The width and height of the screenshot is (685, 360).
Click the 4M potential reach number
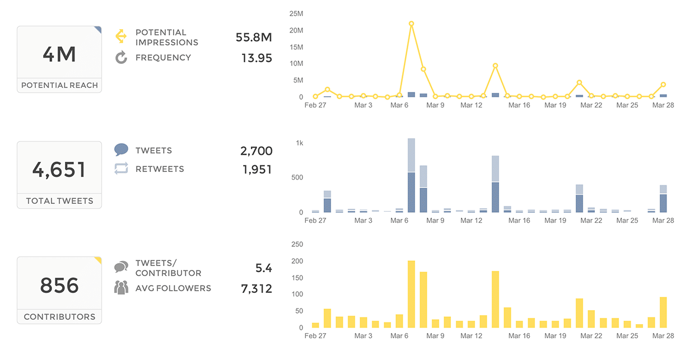click(59, 54)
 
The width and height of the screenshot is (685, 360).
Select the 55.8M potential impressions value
click(254, 38)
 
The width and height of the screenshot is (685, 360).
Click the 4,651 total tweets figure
click(59, 170)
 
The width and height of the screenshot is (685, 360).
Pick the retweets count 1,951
click(257, 169)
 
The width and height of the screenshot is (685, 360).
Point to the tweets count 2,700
click(256, 151)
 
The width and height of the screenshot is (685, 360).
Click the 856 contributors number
click(59, 286)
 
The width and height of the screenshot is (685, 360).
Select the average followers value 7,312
click(256, 289)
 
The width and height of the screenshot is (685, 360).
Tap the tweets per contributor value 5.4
click(263, 268)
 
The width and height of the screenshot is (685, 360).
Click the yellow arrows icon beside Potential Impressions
click(121, 36)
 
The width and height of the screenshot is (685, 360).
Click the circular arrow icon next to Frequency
click(121, 57)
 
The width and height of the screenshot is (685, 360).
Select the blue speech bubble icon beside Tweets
click(121, 150)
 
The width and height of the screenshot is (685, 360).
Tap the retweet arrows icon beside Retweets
click(121, 169)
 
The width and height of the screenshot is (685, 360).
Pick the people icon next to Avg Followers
click(121, 288)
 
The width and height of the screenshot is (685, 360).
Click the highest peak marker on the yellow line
click(411, 24)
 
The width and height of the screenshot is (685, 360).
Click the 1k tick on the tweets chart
click(299, 143)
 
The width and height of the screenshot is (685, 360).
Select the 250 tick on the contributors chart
click(297, 245)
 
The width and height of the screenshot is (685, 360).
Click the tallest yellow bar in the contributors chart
click(411, 294)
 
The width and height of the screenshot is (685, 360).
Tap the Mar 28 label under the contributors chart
click(663, 336)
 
